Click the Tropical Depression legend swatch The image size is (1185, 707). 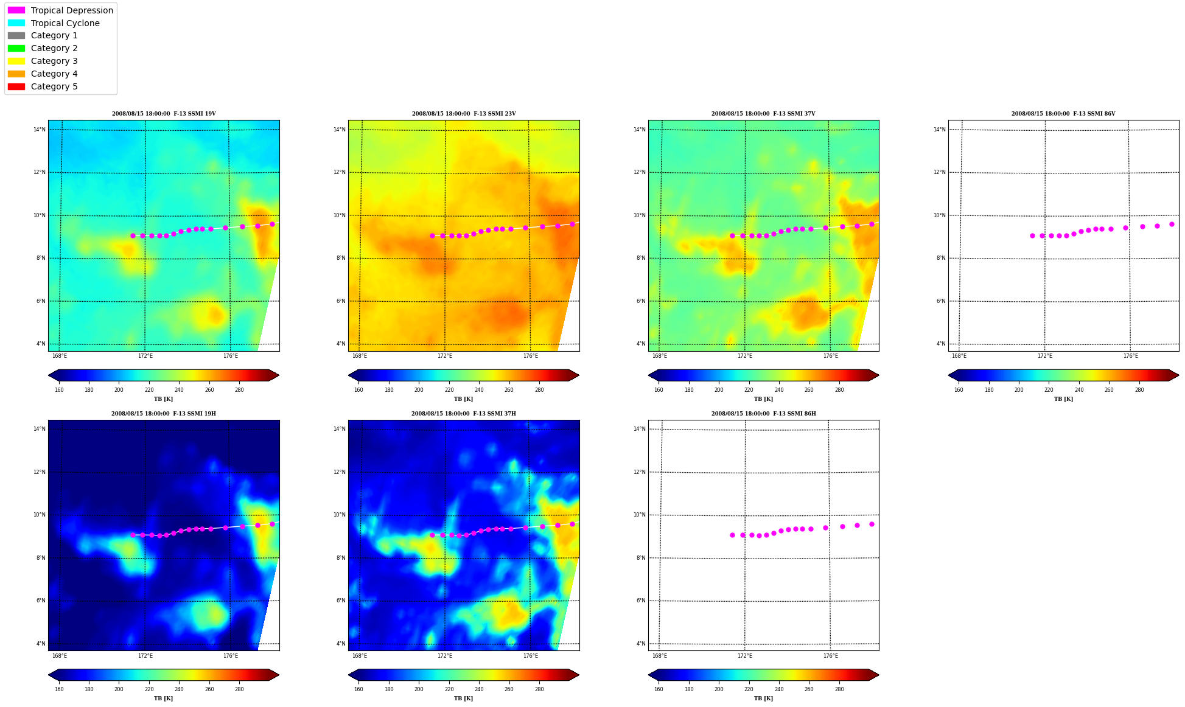16,10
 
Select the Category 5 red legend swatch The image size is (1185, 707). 16,86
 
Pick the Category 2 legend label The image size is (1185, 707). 54,48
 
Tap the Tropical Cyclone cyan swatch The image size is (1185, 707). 16,23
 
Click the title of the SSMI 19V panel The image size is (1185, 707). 164,114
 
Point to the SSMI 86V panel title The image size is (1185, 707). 1063,114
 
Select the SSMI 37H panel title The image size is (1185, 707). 463,414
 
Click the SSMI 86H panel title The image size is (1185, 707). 763,414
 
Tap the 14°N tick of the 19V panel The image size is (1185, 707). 40,130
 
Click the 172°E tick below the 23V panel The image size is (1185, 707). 445,356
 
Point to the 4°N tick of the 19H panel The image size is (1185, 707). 41,644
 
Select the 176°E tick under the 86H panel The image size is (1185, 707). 831,656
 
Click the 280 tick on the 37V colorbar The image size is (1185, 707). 839,390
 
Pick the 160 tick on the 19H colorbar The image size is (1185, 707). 59,689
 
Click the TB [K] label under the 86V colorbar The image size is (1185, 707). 1063,399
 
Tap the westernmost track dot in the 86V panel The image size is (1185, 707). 1032,235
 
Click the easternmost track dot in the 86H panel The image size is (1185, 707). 872,524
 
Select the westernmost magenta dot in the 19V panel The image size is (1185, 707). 133,235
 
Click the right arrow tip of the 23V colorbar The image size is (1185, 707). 579,375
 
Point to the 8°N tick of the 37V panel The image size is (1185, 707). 641,258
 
